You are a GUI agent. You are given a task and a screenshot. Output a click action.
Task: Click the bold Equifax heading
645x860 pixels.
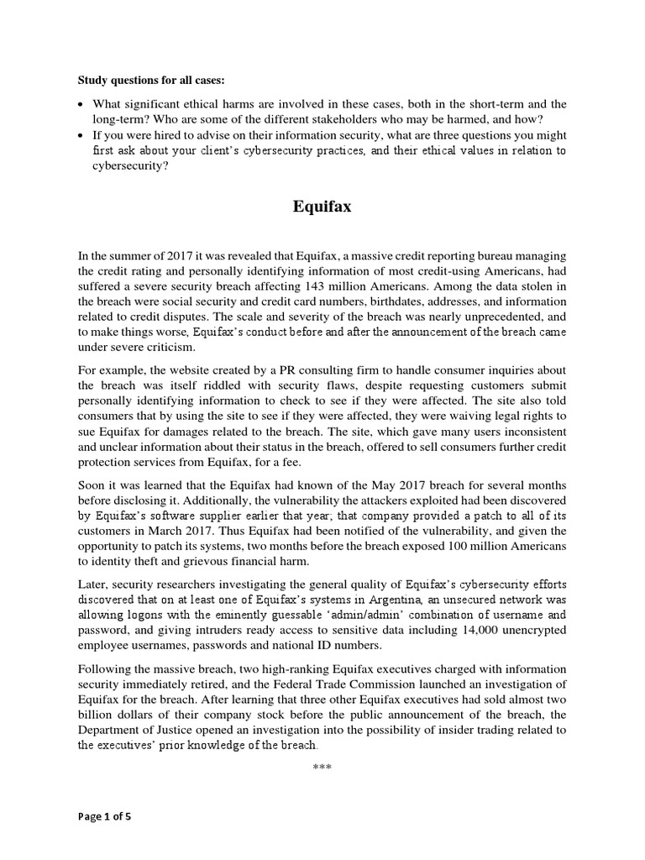point(322,207)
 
